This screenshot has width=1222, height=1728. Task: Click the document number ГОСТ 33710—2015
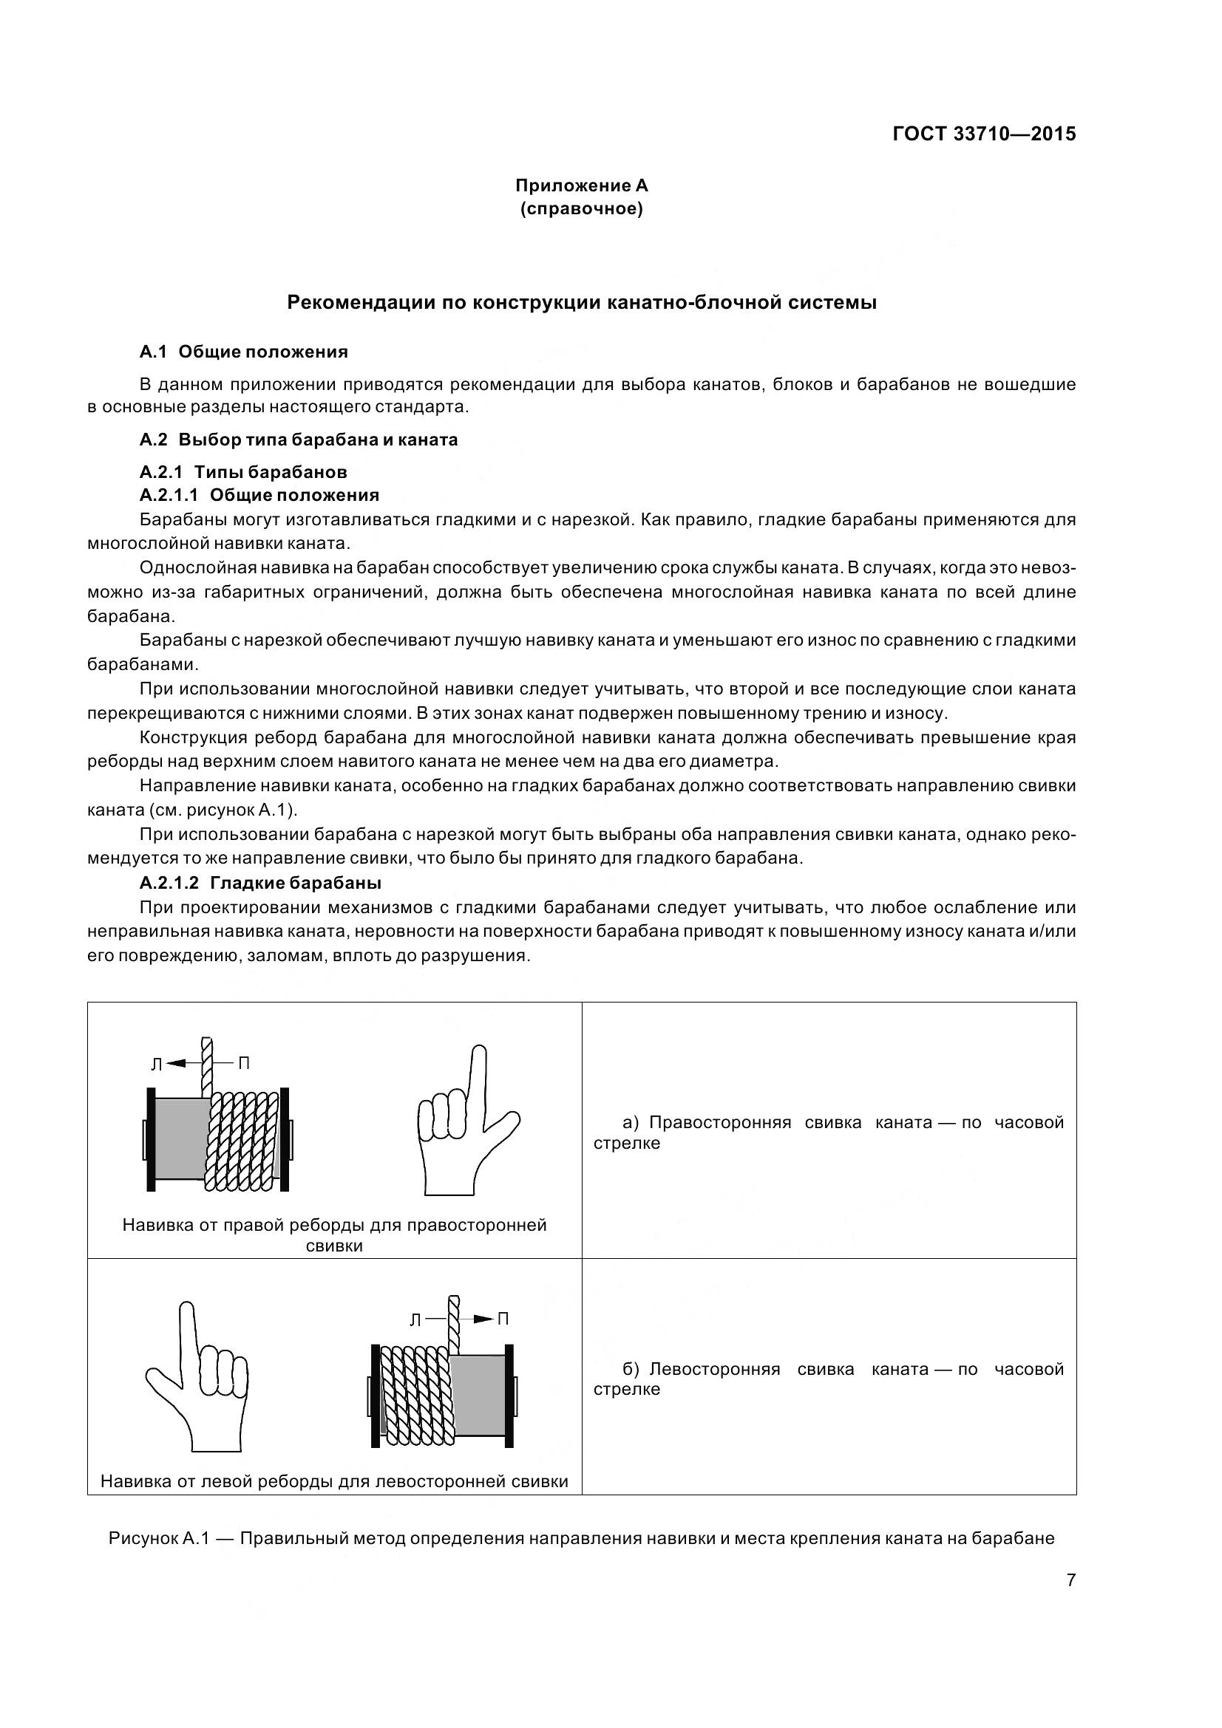tap(984, 134)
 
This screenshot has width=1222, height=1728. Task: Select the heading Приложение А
tap(581, 185)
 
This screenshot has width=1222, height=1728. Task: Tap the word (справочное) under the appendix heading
tap(581, 208)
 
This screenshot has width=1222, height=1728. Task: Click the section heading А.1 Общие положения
tap(244, 352)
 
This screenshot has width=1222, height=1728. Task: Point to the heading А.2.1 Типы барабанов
tap(243, 472)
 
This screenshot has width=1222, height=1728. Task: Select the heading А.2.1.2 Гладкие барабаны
tap(260, 882)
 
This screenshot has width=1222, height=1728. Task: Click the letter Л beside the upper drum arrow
tap(157, 1064)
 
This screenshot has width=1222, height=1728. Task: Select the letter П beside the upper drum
tap(244, 1063)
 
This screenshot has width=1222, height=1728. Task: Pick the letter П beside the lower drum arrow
tap(503, 1319)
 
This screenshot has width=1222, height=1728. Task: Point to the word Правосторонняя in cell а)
tap(720, 1122)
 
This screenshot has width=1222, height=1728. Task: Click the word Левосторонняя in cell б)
tap(715, 1369)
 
